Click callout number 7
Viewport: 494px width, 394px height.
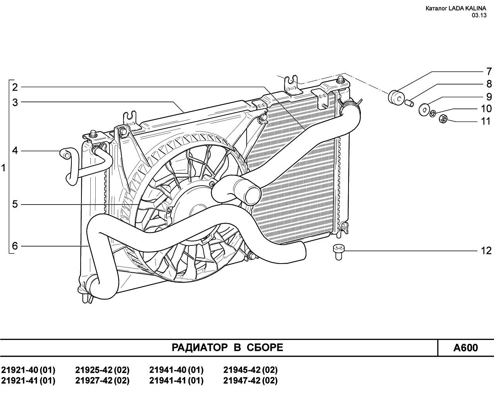(489, 71)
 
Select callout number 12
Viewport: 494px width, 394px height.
(486, 251)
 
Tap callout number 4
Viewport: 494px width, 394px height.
(15, 150)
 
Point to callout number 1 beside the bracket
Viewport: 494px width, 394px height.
(3, 168)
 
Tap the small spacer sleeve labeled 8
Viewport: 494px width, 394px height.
(409, 103)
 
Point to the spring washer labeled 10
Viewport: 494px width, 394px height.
(433, 113)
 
